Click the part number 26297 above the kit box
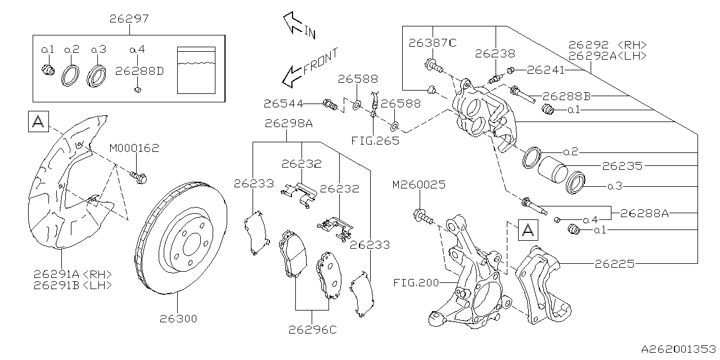pos(129,19)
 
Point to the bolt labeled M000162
pos(139,178)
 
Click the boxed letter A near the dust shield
pos(38,121)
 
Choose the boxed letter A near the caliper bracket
pos(527,229)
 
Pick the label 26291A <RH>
pos(72,274)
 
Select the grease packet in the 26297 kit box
pos(196,70)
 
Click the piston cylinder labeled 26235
pos(551,168)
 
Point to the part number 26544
pos(283,103)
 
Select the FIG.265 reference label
pos(376,140)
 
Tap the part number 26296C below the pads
pos(312,330)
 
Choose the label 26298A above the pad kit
pos(289,123)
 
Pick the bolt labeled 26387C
pos(434,66)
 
